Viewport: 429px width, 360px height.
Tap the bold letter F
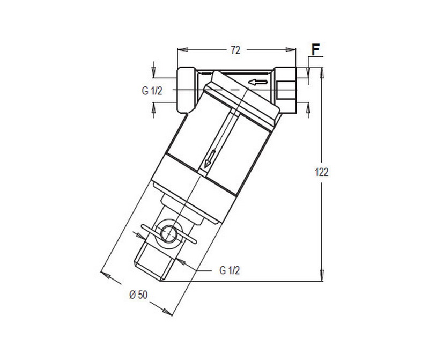tap(316, 50)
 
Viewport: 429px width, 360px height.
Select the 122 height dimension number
tap(322, 172)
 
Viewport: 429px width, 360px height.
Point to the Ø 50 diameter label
tap(138, 295)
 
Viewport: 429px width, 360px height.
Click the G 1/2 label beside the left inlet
tap(152, 90)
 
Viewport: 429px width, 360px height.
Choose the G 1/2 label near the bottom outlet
tap(229, 270)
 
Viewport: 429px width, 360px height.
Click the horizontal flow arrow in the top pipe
tap(258, 82)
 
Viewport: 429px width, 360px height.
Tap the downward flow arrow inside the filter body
tap(210, 159)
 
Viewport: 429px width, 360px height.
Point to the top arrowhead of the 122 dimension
tap(322, 72)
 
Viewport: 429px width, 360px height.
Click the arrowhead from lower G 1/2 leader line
tap(181, 262)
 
